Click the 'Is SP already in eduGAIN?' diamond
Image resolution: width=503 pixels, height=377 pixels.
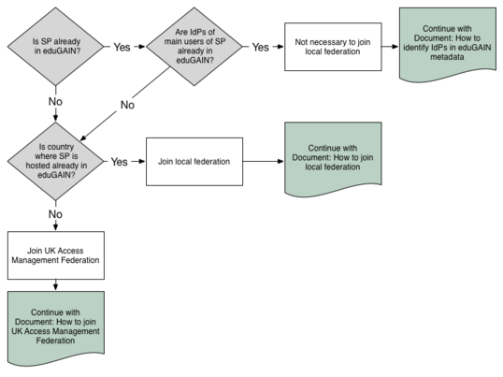click(x=56, y=47)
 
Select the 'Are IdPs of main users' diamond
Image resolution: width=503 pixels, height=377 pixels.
click(x=194, y=47)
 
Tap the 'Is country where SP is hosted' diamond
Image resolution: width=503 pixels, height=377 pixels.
click(x=56, y=161)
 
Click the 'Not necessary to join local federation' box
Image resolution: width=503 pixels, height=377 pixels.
click(x=333, y=47)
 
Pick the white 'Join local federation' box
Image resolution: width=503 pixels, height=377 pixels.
click(x=194, y=162)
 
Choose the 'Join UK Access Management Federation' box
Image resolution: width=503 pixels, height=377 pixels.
click(x=56, y=255)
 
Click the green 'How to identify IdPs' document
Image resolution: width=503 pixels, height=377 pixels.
click(x=448, y=45)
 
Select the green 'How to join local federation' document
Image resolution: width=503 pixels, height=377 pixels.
click(x=333, y=159)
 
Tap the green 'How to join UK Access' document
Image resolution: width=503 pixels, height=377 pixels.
click(x=56, y=328)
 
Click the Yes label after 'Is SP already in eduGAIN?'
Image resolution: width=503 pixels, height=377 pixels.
click(x=122, y=47)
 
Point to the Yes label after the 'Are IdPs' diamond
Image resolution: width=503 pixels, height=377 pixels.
click(x=260, y=47)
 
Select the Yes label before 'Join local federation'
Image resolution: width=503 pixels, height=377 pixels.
click(x=120, y=162)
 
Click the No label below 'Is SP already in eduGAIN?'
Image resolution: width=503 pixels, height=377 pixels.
click(x=55, y=101)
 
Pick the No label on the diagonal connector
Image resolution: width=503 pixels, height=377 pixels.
click(x=127, y=105)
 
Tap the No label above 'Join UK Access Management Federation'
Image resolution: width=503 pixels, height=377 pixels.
click(x=55, y=214)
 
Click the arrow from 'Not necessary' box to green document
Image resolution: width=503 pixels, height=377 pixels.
click(x=390, y=47)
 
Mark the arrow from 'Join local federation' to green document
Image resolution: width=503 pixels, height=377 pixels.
click(x=264, y=161)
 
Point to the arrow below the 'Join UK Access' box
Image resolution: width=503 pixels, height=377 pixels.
click(x=56, y=285)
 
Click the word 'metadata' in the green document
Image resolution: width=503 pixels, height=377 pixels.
click(x=447, y=57)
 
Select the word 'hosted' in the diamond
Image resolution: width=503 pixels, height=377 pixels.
click(x=36, y=166)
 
